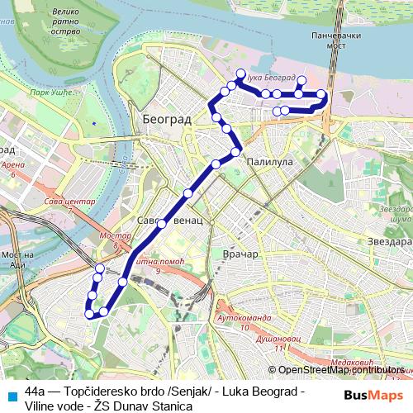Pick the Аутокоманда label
(x=240, y=317)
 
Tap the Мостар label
(x=115, y=236)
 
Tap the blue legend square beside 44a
(x=11, y=395)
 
